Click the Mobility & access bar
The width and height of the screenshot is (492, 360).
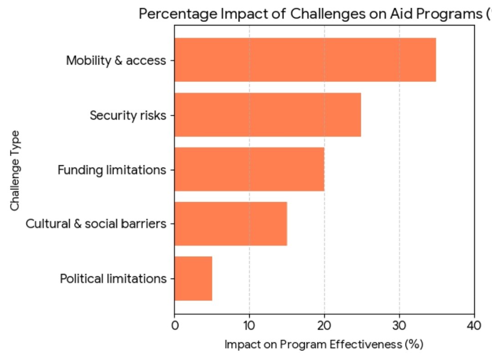[x=305, y=60]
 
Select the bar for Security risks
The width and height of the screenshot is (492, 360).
[x=267, y=115]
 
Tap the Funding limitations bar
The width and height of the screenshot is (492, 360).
[x=249, y=169]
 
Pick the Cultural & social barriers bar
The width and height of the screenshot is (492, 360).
[x=231, y=224]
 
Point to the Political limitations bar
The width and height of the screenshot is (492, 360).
[x=193, y=279]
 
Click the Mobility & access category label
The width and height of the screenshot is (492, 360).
[x=116, y=60]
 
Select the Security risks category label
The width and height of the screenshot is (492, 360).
[x=128, y=115]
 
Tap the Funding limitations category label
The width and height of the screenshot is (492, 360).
[x=112, y=170]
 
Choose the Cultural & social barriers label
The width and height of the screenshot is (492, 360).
[x=96, y=224]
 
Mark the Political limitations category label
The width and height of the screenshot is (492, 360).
[x=113, y=279]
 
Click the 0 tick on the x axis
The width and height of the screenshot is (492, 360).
[x=174, y=325]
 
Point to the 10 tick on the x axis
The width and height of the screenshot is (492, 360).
[x=249, y=325]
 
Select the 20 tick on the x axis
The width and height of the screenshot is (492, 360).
[x=324, y=325]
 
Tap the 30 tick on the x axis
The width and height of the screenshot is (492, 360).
[x=400, y=325]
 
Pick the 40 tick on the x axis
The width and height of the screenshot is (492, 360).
[x=474, y=325]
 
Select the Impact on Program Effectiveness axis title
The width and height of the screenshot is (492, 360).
[x=324, y=345]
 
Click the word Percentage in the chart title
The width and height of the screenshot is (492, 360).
[x=178, y=14]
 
